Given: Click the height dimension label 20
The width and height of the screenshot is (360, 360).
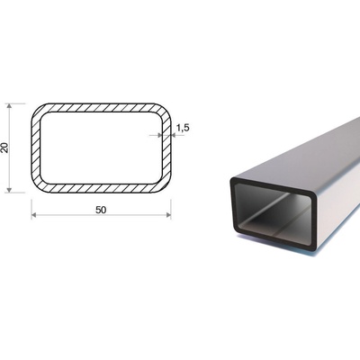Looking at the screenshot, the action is tap(5, 148).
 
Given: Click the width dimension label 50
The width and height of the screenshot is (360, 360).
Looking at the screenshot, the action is tap(101, 211).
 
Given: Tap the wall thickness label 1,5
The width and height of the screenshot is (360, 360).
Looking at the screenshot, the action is tap(183, 128).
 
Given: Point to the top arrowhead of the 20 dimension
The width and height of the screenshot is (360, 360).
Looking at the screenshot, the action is tap(9, 106).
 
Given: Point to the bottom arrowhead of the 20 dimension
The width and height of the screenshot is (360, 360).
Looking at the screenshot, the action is tap(9, 190).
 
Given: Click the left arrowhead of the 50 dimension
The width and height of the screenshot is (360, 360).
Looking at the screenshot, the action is tap(34, 215).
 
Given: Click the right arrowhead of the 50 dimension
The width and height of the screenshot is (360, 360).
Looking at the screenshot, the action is tap(168, 215).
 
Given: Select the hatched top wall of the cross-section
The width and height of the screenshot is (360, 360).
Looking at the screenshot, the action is tap(101, 108).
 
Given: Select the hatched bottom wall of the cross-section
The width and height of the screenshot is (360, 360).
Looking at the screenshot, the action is tap(101, 188).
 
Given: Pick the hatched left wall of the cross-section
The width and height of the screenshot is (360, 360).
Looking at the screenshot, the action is tap(36, 148).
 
